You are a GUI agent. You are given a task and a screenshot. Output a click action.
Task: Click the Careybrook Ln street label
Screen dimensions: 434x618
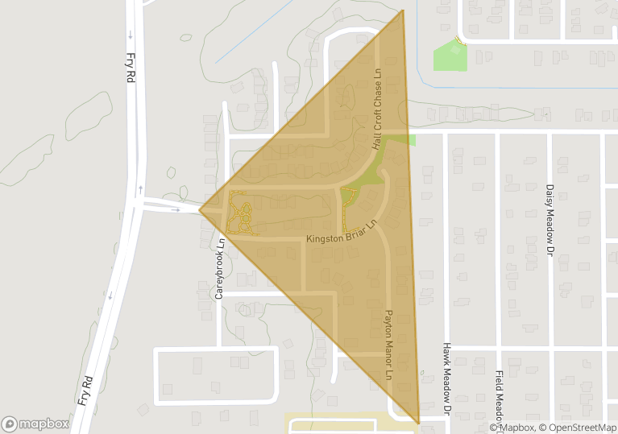pyautogui.click(x=218, y=268)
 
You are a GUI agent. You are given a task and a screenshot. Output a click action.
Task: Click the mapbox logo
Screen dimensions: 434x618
pyautogui.click(x=35, y=424)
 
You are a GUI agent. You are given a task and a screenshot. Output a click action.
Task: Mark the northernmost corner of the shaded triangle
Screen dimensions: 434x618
pyautogui.click(x=402, y=10)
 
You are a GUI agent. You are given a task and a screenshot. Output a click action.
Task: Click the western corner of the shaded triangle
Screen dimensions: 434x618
pyautogui.click(x=200, y=211)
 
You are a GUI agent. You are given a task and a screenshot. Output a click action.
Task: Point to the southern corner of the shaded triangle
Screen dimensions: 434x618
pyautogui.click(x=419, y=423)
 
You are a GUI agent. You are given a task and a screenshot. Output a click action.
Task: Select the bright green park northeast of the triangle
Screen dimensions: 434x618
pyautogui.click(x=450, y=56)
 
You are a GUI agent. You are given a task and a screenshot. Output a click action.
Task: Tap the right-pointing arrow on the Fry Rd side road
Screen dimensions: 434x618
pyautogui.click(x=176, y=209)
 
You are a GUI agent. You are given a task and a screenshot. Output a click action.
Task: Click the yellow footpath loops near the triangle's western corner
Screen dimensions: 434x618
pyautogui.click(x=239, y=215)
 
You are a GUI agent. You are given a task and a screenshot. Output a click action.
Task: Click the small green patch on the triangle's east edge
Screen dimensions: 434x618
pyautogui.click(x=411, y=140)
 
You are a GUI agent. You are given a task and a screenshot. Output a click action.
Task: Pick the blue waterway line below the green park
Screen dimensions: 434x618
pyautogui.click(x=516, y=88)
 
